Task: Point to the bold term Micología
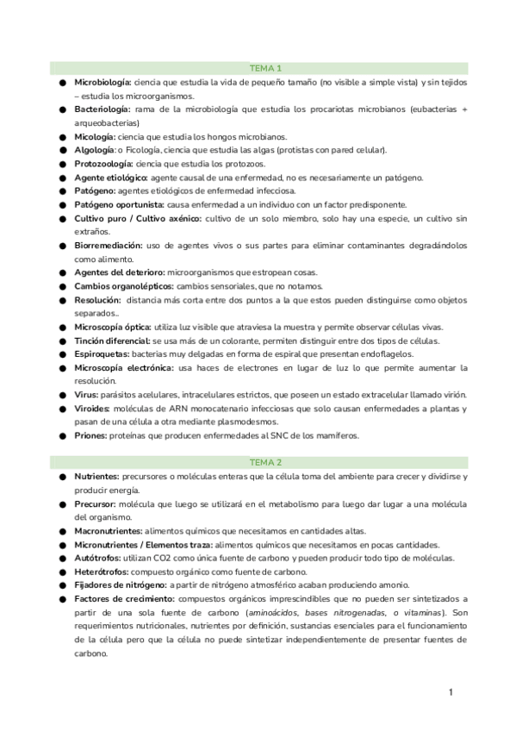pos(95,136)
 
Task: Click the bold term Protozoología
pos(103,164)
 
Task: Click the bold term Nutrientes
pos(96,476)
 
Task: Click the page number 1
pos(451,691)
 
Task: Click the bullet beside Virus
pos(63,395)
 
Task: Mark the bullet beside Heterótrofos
pos(63,572)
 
